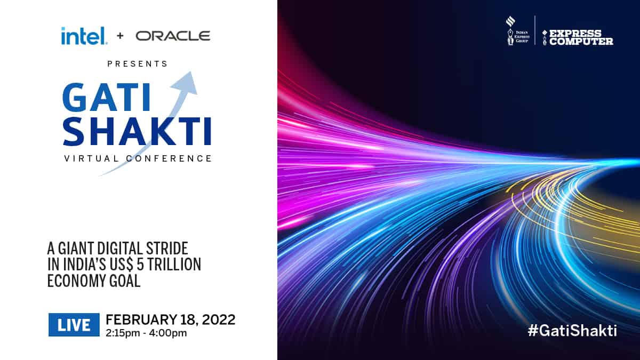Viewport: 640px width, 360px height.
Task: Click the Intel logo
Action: tap(84, 36)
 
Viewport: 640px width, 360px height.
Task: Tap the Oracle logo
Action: tap(173, 36)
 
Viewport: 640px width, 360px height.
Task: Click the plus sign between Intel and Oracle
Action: tap(121, 36)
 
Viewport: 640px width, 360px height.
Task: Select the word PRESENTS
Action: tap(138, 63)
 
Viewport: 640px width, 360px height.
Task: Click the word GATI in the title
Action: tap(106, 97)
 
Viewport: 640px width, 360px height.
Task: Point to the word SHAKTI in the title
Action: tap(137, 131)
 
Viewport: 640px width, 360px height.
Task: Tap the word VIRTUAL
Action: tap(92, 158)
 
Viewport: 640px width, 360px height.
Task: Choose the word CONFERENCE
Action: tap(169, 158)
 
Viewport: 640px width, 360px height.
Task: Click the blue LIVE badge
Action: tap(74, 325)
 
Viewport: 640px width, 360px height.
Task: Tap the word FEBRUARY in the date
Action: tap(141, 319)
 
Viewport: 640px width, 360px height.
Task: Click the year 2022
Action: tap(219, 319)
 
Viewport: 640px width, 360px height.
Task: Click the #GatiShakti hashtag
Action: tap(572, 331)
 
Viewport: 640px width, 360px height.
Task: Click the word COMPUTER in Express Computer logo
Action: tap(581, 42)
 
